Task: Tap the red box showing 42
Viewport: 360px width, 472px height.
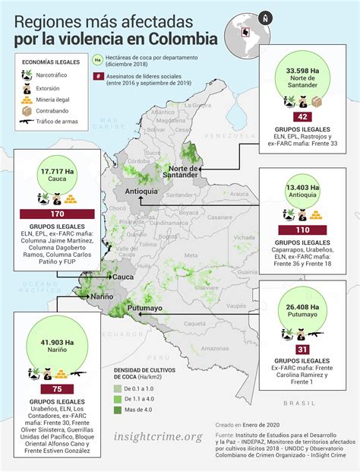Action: click(302, 117)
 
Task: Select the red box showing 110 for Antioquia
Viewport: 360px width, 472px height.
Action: click(302, 229)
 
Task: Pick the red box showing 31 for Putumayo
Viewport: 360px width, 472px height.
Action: click(302, 349)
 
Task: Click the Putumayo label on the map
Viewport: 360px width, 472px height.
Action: click(144, 308)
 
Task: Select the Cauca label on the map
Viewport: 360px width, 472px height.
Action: click(123, 278)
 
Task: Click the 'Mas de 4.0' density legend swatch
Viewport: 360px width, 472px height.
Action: click(118, 410)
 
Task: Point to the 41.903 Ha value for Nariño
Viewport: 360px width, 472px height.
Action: click(58, 341)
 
